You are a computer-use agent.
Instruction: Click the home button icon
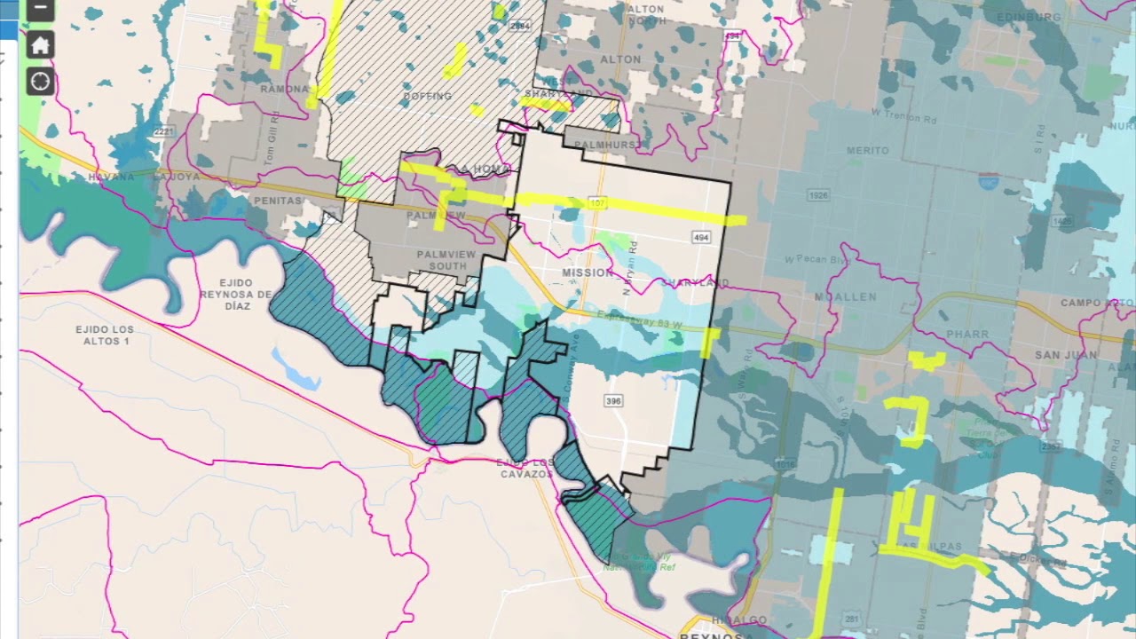pyautogui.click(x=40, y=45)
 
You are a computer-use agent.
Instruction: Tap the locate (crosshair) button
pyautogui.click(x=40, y=82)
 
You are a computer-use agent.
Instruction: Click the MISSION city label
pyautogui.click(x=588, y=272)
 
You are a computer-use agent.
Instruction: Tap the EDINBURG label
pyautogui.click(x=1029, y=17)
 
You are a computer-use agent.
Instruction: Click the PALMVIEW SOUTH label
pyautogui.click(x=446, y=260)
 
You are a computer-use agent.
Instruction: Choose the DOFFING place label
pyautogui.click(x=428, y=96)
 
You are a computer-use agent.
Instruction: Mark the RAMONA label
pyautogui.click(x=284, y=89)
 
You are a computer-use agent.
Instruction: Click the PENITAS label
pyautogui.click(x=278, y=201)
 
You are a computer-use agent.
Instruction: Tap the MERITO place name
pyautogui.click(x=867, y=151)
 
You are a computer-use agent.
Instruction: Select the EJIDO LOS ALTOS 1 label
pyautogui.click(x=106, y=335)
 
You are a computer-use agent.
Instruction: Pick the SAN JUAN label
pyautogui.click(x=1065, y=355)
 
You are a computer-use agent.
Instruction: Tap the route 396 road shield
pyautogui.click(x=613, y=401)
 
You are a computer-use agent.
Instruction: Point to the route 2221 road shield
pyautogui.click(x=163, y=131)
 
